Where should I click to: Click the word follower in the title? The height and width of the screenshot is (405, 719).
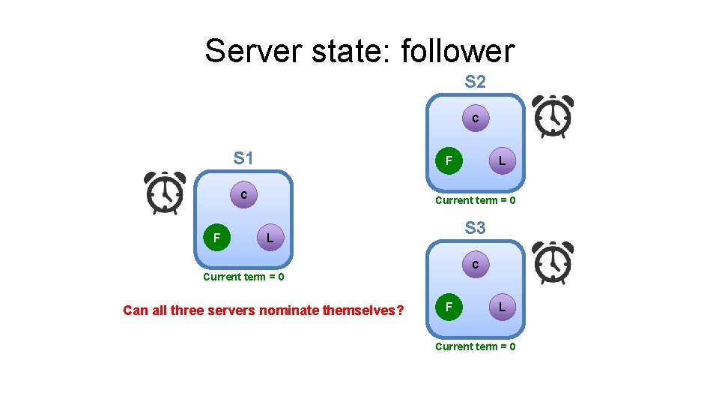(x=458, y=52)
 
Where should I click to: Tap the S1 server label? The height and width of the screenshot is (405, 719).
(x=243, y=158)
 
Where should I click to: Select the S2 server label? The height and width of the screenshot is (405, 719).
(x=475, y=82)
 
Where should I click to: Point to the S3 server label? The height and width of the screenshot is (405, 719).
(x=475, y=227)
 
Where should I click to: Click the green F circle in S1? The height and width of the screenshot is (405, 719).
(x=216, y=238)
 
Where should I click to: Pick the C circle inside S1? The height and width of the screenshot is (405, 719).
(x=243, y=195)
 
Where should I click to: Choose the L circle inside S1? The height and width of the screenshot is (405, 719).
(x=270, y=238)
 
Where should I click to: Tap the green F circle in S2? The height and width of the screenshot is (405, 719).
(x=449, y=160)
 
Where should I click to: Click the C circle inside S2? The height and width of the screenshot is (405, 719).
(x=475, y=118)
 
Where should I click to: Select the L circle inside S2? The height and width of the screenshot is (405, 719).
(x=502, y=160)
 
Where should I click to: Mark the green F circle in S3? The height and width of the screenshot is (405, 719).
(x=449, y=307)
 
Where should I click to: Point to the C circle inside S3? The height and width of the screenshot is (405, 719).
(x=475, y=265)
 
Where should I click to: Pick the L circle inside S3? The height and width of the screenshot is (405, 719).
(x=502, y=307)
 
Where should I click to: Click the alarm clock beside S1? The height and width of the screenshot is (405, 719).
(x=165, y=193)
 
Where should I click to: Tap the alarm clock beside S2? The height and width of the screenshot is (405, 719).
(x=552, y=116)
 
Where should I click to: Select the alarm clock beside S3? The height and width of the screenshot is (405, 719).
(x=552, y=262)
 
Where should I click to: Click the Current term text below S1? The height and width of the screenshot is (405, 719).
(x=243, y=277)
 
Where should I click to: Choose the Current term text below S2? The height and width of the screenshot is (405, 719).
(x=475, y=200)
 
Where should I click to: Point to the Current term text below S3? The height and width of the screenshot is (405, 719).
(x=475, y=346)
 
